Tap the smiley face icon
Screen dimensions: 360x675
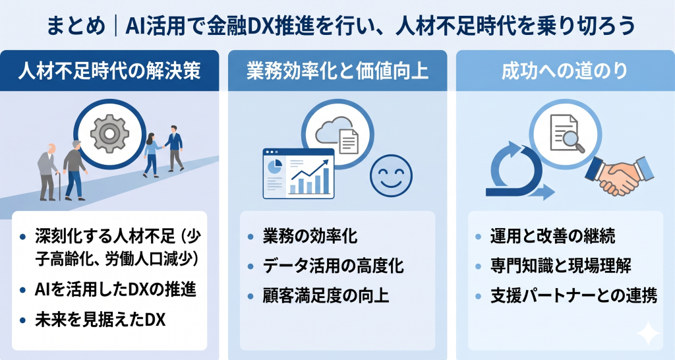pyautogui.click(x=392, y=174)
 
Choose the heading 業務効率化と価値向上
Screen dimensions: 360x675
pyautogui.click(x=337, y=71)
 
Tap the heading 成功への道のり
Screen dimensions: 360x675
pyautogui.click(x=564, y=71)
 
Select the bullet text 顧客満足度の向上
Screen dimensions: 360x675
pyautogui.click(x=326, y=295)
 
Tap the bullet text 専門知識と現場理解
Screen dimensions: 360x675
pyautogui.click(x=562, y=266)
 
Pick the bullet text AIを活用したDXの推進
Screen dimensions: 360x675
pyautogui.click(x=115, y=290)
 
